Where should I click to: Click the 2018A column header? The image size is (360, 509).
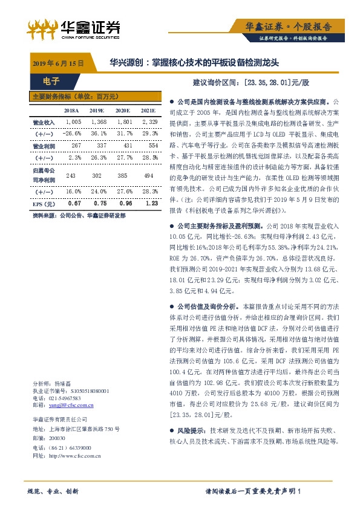tap(54, 111)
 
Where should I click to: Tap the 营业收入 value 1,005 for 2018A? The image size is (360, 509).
tap(56, 122)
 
